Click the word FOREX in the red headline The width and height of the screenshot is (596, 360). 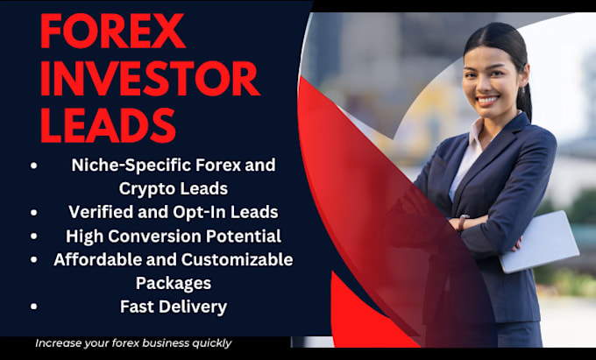[113, 34]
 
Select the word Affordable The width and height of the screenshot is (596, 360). [96, 259]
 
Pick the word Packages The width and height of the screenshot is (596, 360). [173, 283]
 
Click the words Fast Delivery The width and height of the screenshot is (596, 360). [173, 307]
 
